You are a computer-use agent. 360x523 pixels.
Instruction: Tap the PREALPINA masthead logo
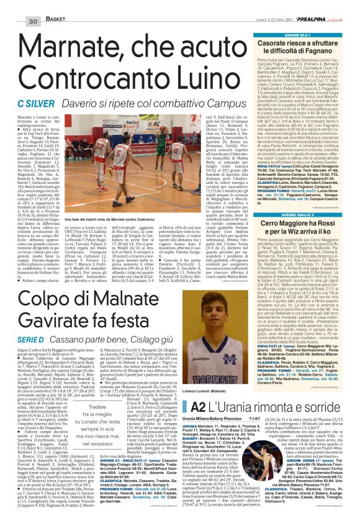pyautogui.click(x=319, y=5)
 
